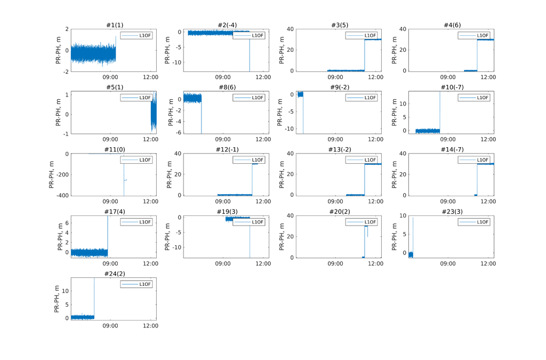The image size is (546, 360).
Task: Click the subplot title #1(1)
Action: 114,25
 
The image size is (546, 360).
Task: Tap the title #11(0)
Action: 114,150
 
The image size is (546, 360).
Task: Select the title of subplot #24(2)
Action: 114,274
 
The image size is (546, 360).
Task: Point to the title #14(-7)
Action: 451,150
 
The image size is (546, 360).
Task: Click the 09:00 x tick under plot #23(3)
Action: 448,263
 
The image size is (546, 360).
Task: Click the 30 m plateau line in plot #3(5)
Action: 373,39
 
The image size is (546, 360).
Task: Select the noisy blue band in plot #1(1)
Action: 93,53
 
